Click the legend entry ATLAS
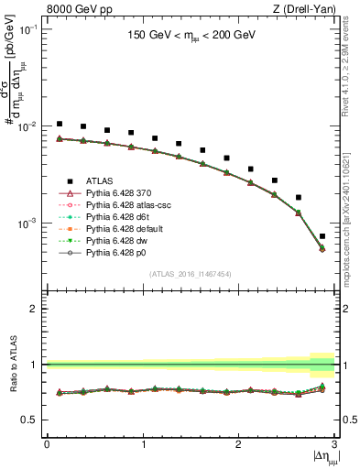(x=101, y=180)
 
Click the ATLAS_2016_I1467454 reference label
(x=191, y=274)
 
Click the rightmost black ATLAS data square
(x=322, y=236)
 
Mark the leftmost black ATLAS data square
(x=60, y=124)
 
